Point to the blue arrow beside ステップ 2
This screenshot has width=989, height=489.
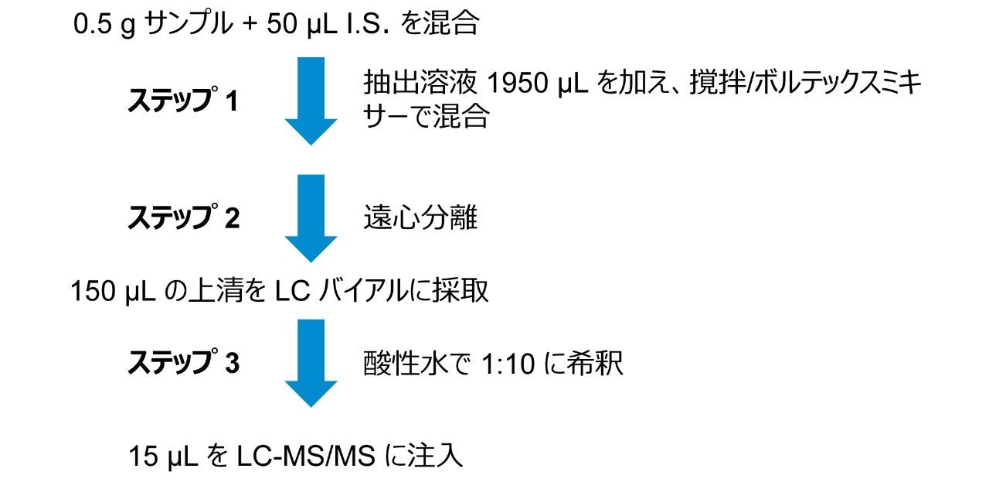click(311, 219)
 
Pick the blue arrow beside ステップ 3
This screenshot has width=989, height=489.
click(311, 364)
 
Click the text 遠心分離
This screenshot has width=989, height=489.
click(420, 219)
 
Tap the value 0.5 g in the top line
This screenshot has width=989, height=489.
click(105, 25)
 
